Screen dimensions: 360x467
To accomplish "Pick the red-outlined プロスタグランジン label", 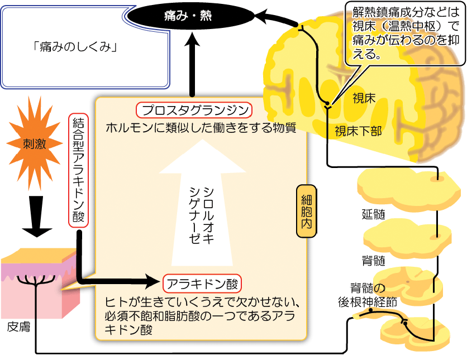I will (x=193, y=109).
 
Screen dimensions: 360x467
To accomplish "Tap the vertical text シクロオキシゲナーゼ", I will (x=201, y=213).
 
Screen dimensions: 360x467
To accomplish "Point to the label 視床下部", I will (x=358, y=131).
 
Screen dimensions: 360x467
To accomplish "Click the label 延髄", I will (x=373, y=214).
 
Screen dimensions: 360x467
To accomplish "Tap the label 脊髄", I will (x=373, y=261).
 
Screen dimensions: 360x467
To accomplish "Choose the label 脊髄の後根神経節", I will (x=368, y=295).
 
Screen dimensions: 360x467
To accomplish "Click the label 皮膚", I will (x=19, y=326).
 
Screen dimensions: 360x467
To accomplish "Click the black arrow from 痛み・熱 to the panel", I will (x=193, y=64).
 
